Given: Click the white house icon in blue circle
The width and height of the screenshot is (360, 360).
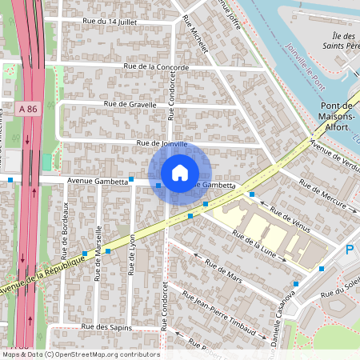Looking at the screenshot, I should click(x=180, y=173).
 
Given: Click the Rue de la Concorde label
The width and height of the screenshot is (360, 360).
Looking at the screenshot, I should click(x=156, y=67).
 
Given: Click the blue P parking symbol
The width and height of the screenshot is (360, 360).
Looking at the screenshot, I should click(x=350, y=250).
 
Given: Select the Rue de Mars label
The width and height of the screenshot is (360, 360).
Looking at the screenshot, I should click(x=223, y=272).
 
